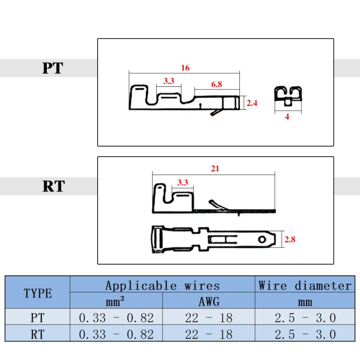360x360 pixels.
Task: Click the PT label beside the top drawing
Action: pos(53,68)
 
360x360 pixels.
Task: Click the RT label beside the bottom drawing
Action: pos(54,186)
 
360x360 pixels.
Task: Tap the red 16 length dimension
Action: pos(185,68)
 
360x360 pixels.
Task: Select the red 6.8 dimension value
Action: pos(216,84)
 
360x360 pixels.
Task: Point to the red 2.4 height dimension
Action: pos(252,103)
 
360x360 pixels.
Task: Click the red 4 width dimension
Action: pos(287,117)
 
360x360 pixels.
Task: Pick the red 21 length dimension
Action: pos(215,169)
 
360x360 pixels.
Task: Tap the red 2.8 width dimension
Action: pos(290,239)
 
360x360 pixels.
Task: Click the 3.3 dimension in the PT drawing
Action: pos(169,81)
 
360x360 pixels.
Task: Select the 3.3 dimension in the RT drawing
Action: pos(183,183)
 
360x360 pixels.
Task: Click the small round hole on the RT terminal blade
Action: pos(262,239)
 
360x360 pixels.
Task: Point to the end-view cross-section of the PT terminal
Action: pos(288,96)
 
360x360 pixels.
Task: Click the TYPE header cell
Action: pos(38,293)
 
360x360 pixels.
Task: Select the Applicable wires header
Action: pos(162,286)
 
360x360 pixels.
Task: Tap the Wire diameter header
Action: pos(305,286)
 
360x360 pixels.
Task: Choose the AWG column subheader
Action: pos(209,301)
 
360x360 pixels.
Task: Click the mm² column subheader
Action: pos(115,301)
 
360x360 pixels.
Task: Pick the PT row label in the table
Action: pos(37,318)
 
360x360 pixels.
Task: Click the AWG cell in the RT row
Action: pos(209,334)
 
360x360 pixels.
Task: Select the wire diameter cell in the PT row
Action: pos(305,318)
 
